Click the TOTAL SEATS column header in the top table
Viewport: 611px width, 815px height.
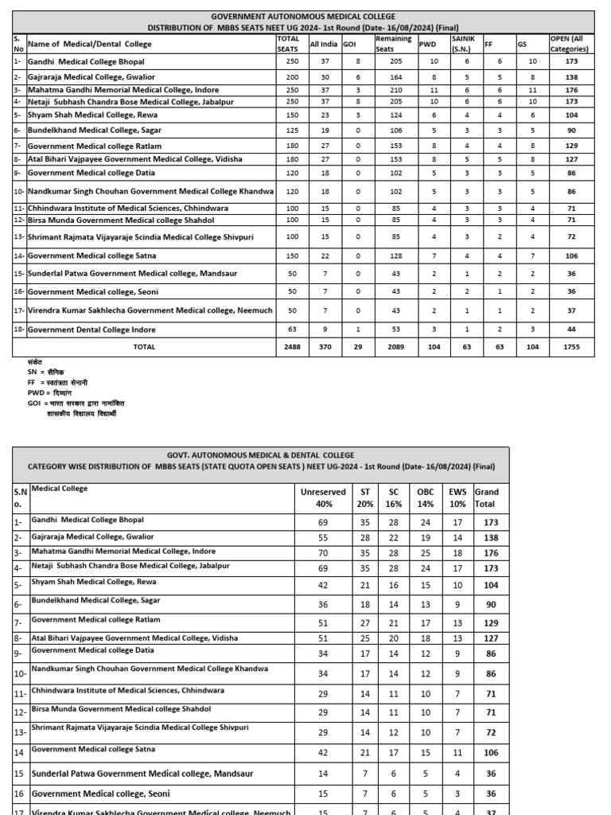(287, 43)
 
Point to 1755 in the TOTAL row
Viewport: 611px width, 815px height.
(571, 347)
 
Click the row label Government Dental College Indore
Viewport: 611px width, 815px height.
(91, 330)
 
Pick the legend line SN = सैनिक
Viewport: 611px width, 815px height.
(45, 372)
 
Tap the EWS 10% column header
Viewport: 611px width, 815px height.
(457, 497)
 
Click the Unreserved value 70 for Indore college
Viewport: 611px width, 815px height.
(322, 552)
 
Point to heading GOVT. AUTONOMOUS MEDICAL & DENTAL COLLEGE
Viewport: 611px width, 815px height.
(261, 455)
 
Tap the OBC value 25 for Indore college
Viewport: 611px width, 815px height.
(425, 552)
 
